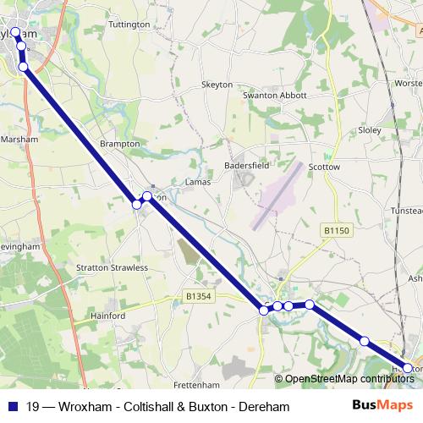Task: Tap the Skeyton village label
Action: pyautogui.click(x=216, y=85)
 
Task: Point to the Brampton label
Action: pyautogui.click(x=119, y=145)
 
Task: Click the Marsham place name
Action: pyautogui.click(x=20, y=138)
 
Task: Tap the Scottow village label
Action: pyautogui.click(x=324, y=168)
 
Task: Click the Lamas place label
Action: pyautogui.click(x=197, y=182)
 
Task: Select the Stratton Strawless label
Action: pyautogui.click(x=118, y=267)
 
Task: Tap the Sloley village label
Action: pyautogui.click(x=370, y=131)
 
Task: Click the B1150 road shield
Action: pyautogui.click(x=336, y=230)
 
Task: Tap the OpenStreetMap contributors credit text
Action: pyautogui.click(x=349, y=379)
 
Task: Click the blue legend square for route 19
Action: pyautogui.click(x=14, y=407)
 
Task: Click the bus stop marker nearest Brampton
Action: pyautogui.click(x=137, y=204)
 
